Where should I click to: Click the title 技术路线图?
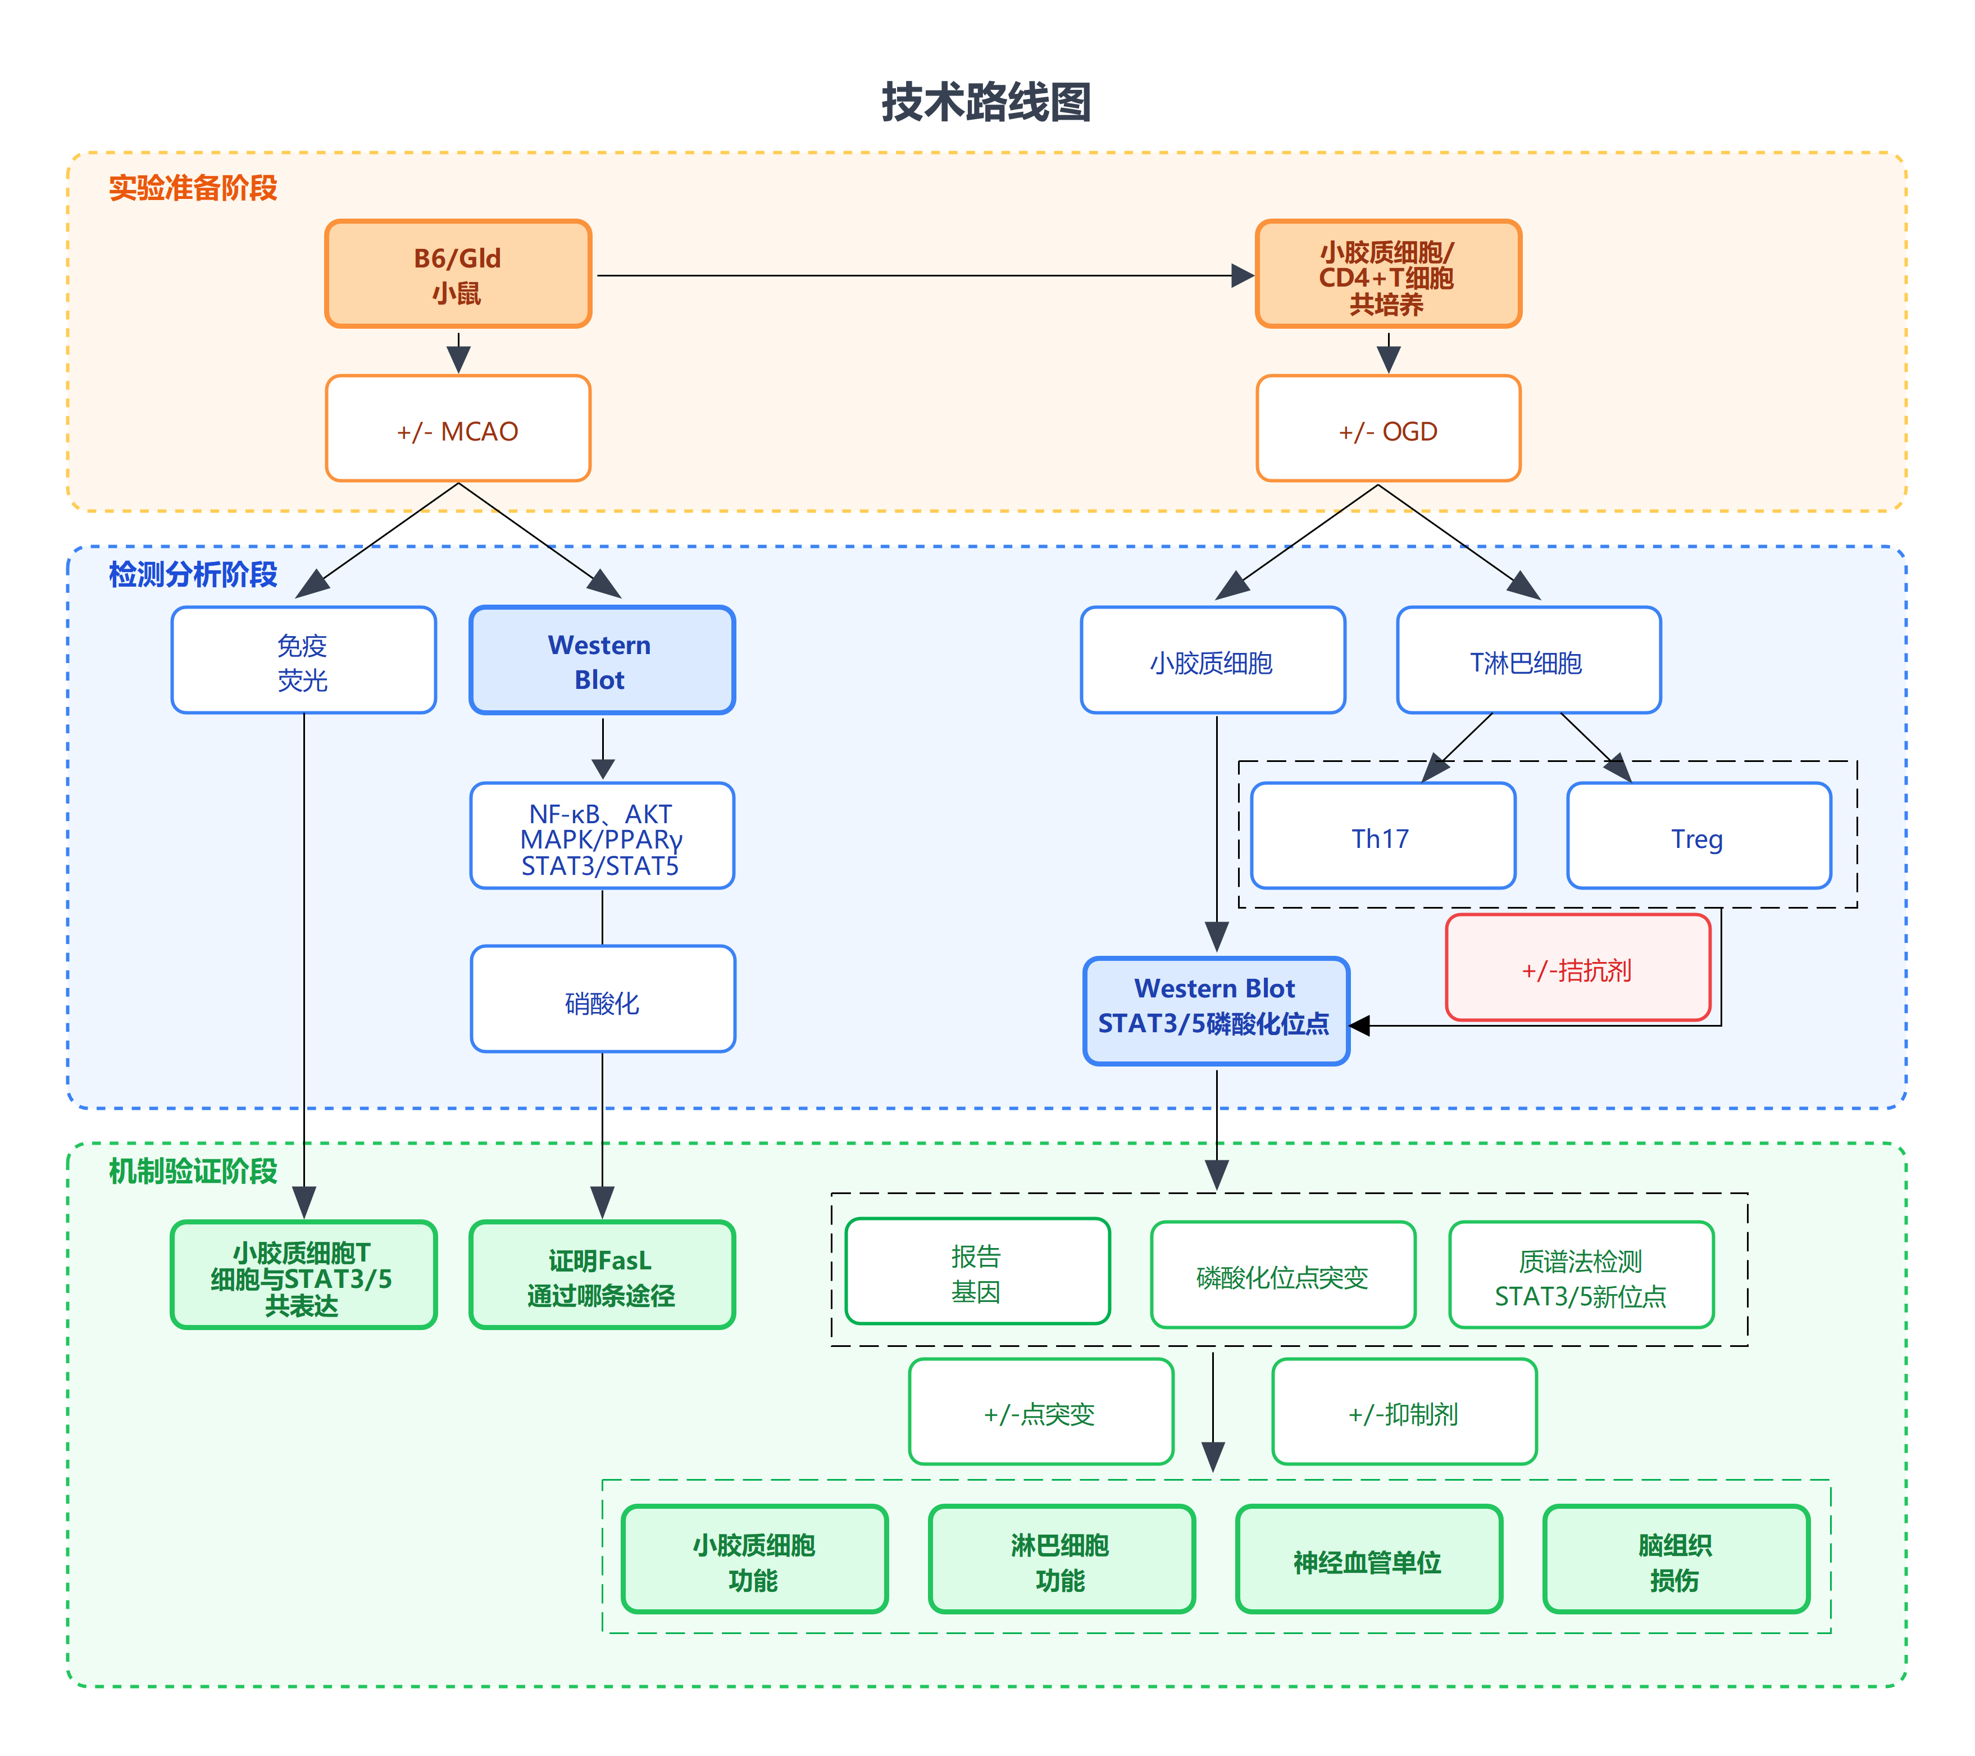click(986, 102)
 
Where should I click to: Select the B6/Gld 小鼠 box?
click(458, 274)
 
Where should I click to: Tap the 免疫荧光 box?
click(303, 661)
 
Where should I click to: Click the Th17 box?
click(1382, 836)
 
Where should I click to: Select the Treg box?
click(1698, 836)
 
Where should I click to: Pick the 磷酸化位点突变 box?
click(1282, 1275)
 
